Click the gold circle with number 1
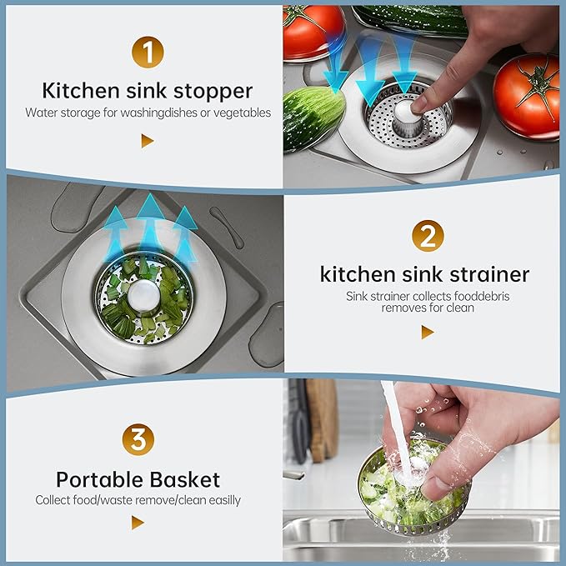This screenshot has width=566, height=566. point(147,53)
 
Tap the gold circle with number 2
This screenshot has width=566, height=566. point(427,238)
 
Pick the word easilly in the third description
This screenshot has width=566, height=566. point(217,500)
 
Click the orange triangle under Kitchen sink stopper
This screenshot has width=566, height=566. point(147,141)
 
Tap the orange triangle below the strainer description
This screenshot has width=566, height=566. point(427,332)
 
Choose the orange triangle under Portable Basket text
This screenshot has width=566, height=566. point(138,523)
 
